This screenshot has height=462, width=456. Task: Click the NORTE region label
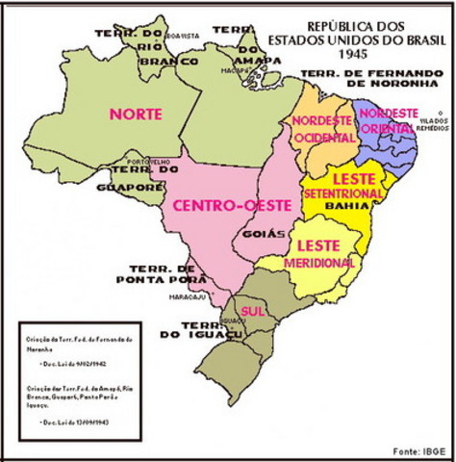pos(135,114)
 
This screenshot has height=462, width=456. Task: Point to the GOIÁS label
pos(274,233)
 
